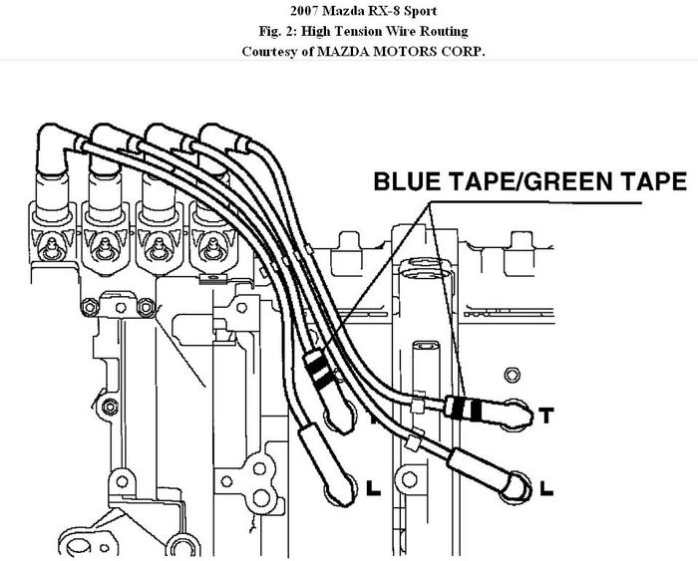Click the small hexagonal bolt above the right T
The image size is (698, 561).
513,374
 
